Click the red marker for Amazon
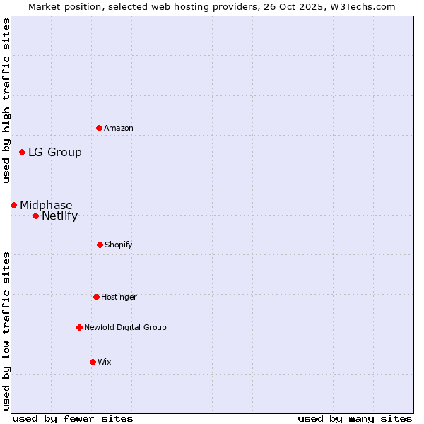[99, 128]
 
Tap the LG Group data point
[23, 152]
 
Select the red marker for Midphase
[13, 205]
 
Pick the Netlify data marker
[35, 216]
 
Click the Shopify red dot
[100, 245]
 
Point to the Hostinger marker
[96, 297]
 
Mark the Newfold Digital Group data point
[79, 327]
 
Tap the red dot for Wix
[93, 362]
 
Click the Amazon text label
[119, 128]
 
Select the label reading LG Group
[55, 152]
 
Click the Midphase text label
[46, 205]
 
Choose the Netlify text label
[59, 216]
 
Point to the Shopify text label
[119, 245]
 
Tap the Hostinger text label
[119, 297]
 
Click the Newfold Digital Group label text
[125, 327]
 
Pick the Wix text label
[105, 362]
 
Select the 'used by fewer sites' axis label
[73, 418]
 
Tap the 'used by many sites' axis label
[355, 418]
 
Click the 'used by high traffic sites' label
[6, 100]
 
